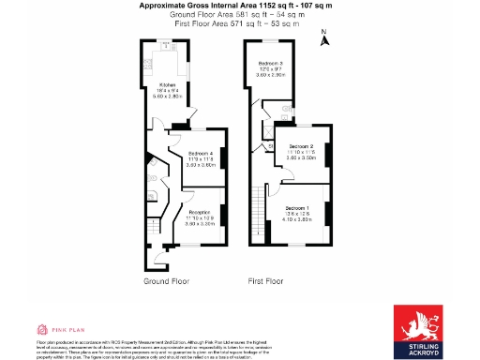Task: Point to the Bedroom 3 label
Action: pos(272,62)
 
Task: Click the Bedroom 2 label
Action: pos(300,146)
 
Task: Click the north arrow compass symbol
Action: pos(322,38)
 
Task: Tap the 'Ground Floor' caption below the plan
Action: pos(167,280)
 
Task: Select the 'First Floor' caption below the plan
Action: pos(265,280)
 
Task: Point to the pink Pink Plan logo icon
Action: pos(41,330)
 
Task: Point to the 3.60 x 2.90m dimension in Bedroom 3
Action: pos(272,74)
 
